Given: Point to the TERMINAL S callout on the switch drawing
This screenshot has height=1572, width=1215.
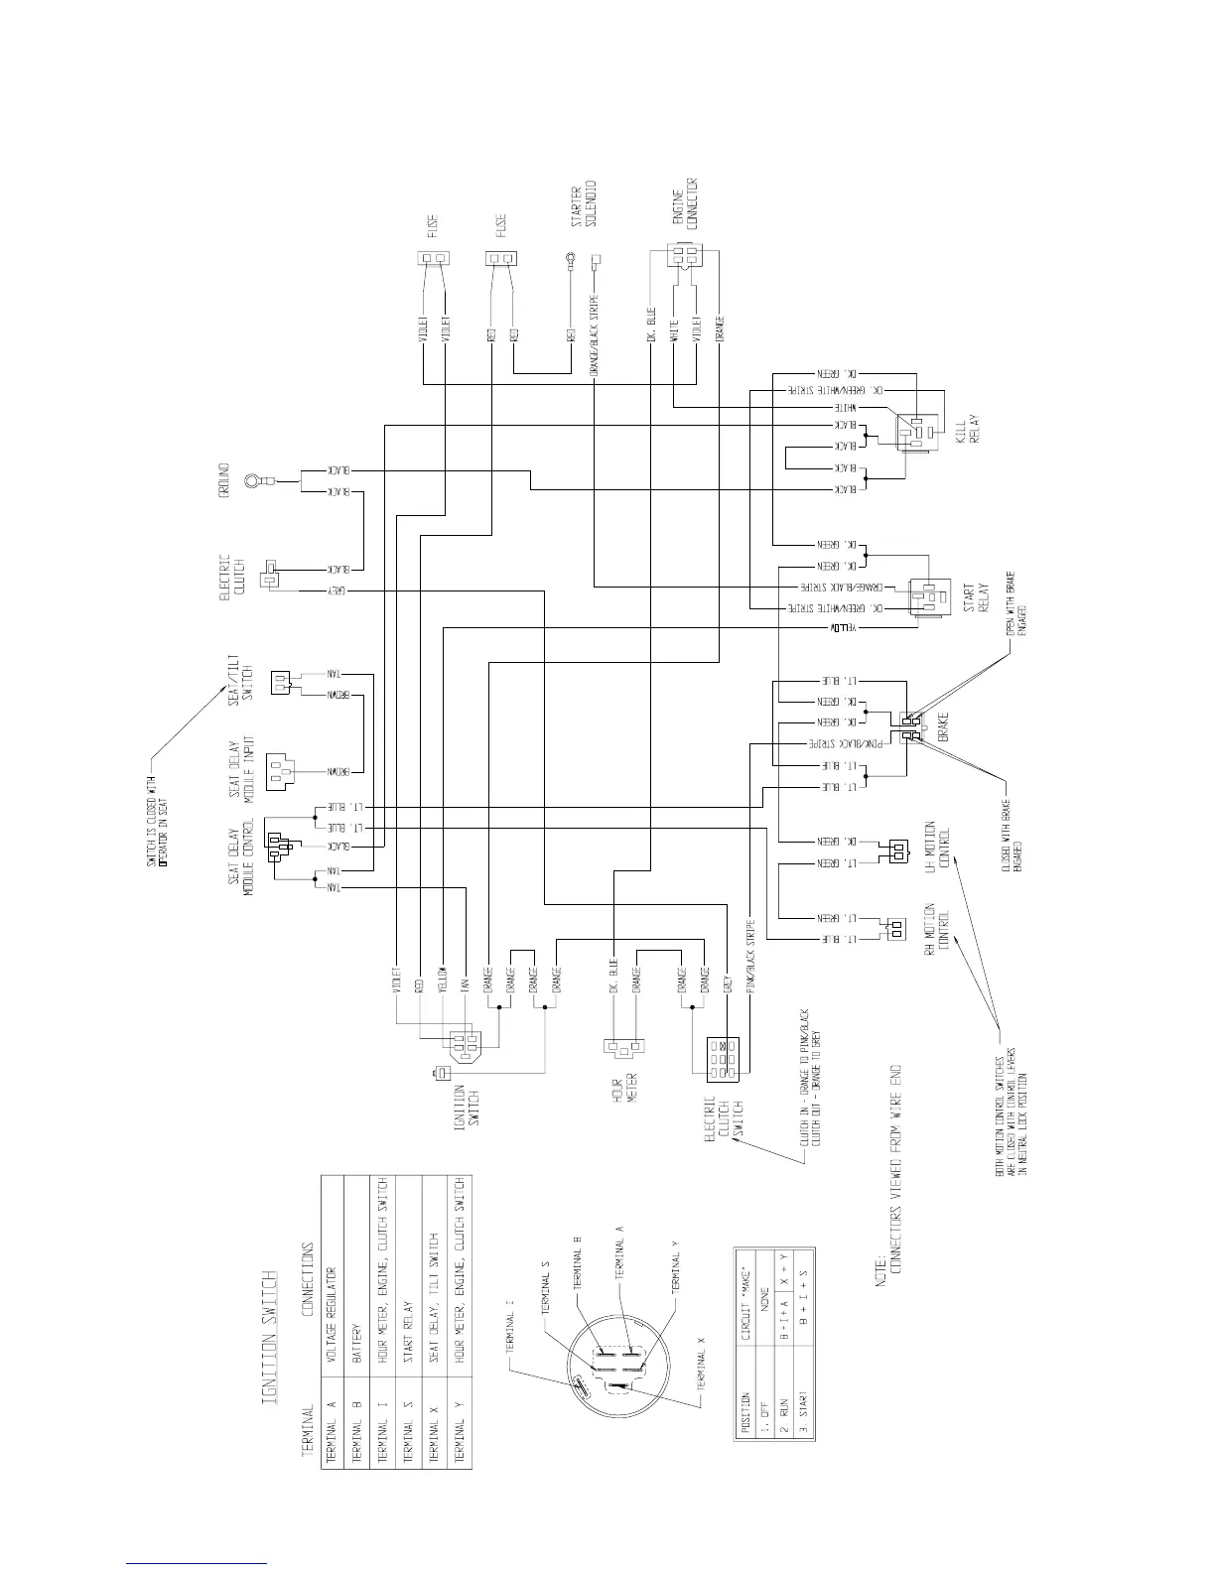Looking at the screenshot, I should pyautogui.click(x=545, y=1289).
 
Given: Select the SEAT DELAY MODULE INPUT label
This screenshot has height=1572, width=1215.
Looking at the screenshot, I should pyautogui.click(x=244, y=767).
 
